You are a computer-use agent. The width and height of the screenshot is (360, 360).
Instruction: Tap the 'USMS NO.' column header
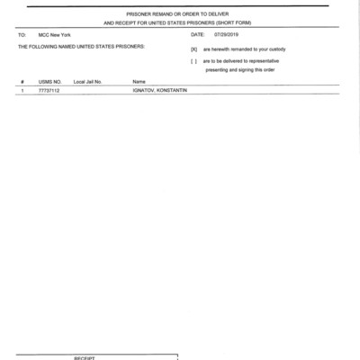tap(49, 82)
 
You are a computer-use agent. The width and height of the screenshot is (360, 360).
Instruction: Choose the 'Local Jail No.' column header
tap(90, 82)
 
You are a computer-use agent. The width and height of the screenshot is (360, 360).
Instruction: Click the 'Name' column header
tap(139, 82)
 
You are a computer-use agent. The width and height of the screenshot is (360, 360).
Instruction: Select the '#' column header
tap(21, 82)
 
